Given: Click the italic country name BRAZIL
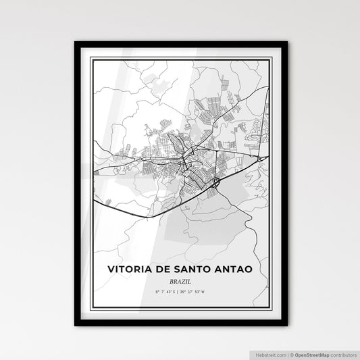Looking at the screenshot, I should tap(180, 281).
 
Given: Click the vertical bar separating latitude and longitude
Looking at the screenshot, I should tap(180, 291).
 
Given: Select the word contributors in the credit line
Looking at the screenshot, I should tap(343, 354).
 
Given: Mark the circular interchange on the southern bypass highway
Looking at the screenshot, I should tap(215, 182).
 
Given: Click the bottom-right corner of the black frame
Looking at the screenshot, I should tap(286, 326).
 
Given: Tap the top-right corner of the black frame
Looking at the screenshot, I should tap(286, 43).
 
